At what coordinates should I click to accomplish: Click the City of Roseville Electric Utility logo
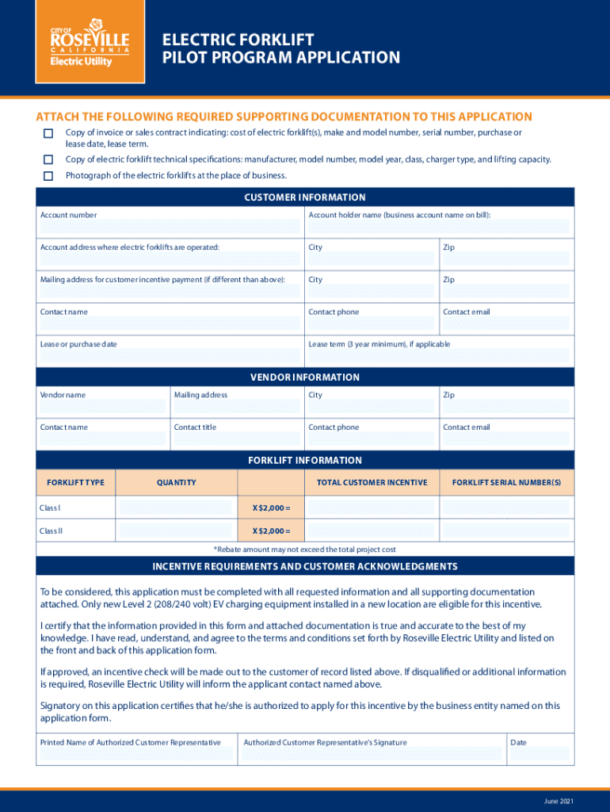[x=90, y=47]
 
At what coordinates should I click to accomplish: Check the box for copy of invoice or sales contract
[x=48, y=133]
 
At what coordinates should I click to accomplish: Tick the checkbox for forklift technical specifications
[x=48, y=159]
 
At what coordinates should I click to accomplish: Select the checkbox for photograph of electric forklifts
[x=48, y=176]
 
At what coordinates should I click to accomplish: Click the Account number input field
[x=170, y=227]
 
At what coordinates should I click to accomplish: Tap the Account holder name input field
[x=438, y=227]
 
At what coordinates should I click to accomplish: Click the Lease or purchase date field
[x=170, y=356]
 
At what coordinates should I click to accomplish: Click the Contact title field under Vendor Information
[x=236, y=439]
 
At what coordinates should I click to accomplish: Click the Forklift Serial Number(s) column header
[x=506, y=482]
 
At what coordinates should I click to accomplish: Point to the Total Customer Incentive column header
[x=372, y=482]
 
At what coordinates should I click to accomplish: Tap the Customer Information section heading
[x=305, y=197]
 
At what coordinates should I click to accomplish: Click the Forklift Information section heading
[x=305, y=460]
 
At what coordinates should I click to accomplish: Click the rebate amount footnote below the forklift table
[x=305, y=550]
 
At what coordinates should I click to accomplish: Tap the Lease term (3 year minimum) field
[x=438, y=356]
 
